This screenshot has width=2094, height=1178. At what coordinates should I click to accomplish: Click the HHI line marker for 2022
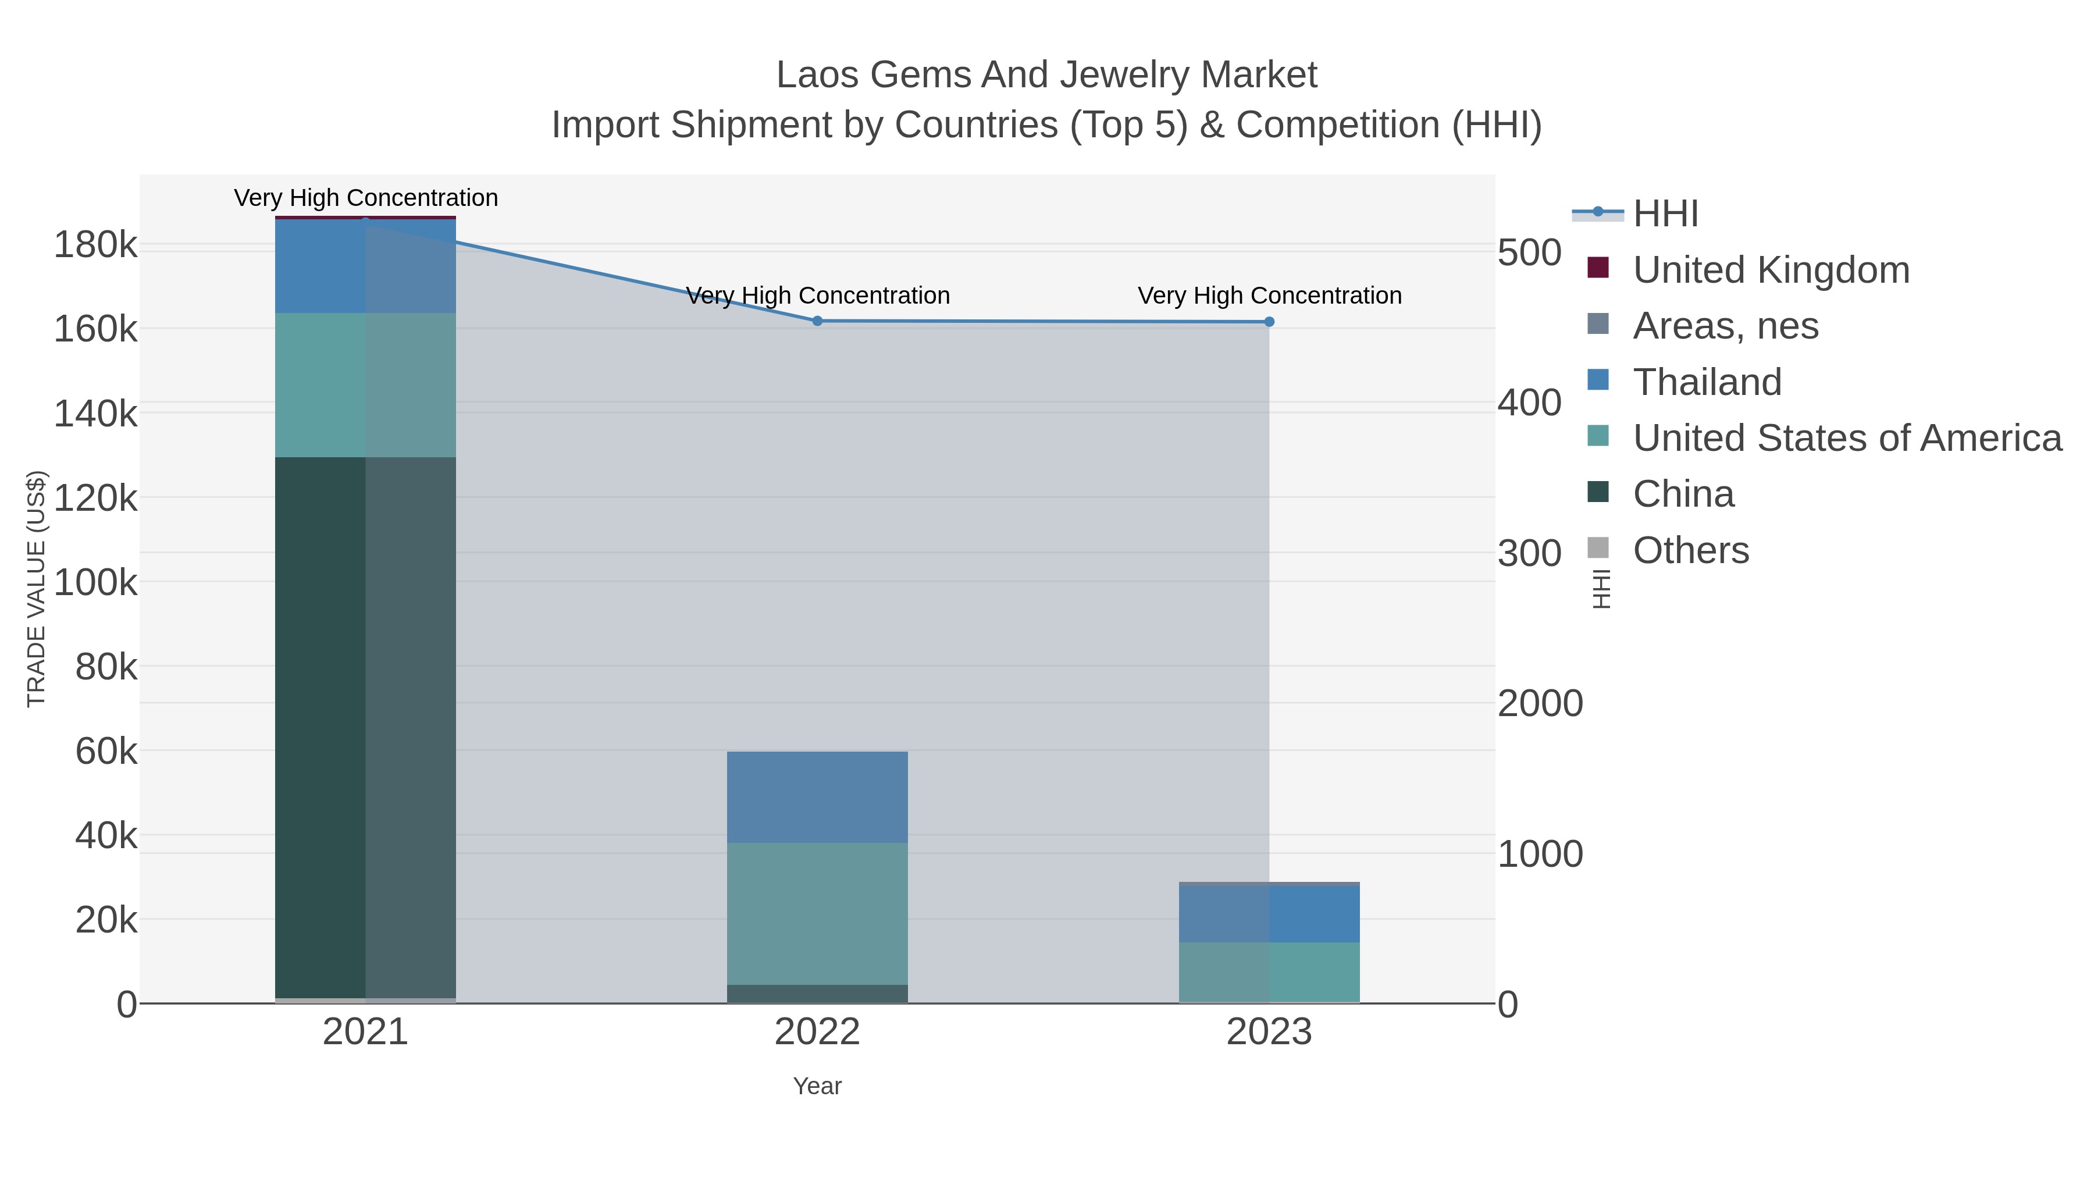pyautogui.click(x=817, y=321)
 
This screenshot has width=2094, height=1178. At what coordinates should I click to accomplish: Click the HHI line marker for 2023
pyautogui.click(x=1269, y=322)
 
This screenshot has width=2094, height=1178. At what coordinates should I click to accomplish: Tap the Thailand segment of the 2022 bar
pyautogui.click(x=817, y=797)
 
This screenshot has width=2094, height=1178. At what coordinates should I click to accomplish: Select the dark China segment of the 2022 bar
pyautogui.click(x=817, y=994)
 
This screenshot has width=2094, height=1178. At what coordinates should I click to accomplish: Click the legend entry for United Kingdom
pyautogui.click(x=1771, y=270)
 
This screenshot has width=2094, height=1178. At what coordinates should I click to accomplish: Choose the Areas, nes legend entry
pyautogui.click(x=1725, y=326)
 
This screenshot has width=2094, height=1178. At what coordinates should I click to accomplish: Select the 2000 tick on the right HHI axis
pyautogui.click(x=1540, y=703)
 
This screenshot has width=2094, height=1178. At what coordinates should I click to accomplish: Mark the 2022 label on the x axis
pyautogui.click(x=817, y=1033)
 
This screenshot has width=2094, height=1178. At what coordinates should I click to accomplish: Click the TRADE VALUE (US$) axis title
pyautogui.click(x=37, y=589)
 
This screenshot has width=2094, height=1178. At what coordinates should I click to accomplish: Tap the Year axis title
pyautogui.click(x=817, y=1086)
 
